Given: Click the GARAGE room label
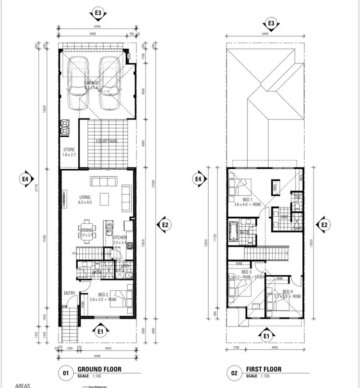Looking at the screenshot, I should [x=92, y=83].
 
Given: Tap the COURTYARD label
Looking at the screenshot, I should [x=107, y=141].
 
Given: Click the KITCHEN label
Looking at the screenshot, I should [x=120, y=238].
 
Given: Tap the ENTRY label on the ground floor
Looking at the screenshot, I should [x=69, y=293].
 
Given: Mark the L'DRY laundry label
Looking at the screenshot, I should [x=125, y=266].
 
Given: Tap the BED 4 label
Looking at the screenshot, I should [x=288, y=292].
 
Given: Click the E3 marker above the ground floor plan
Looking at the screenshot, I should [x=99, y=13].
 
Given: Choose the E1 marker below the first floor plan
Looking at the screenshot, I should [x=267, y=336].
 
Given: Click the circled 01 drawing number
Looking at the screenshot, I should [x=65, y=372].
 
